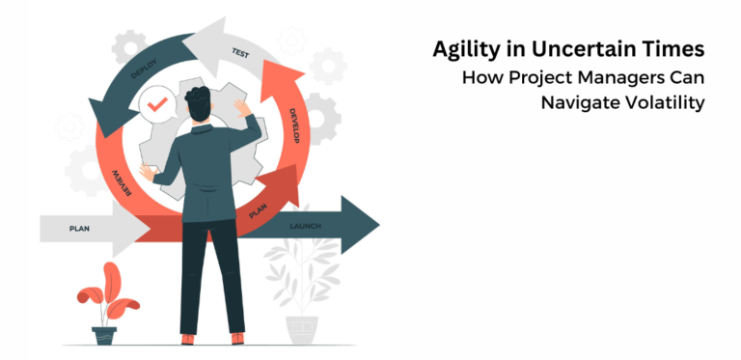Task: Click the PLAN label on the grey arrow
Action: pos(79,229)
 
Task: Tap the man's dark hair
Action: pos(199,96)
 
